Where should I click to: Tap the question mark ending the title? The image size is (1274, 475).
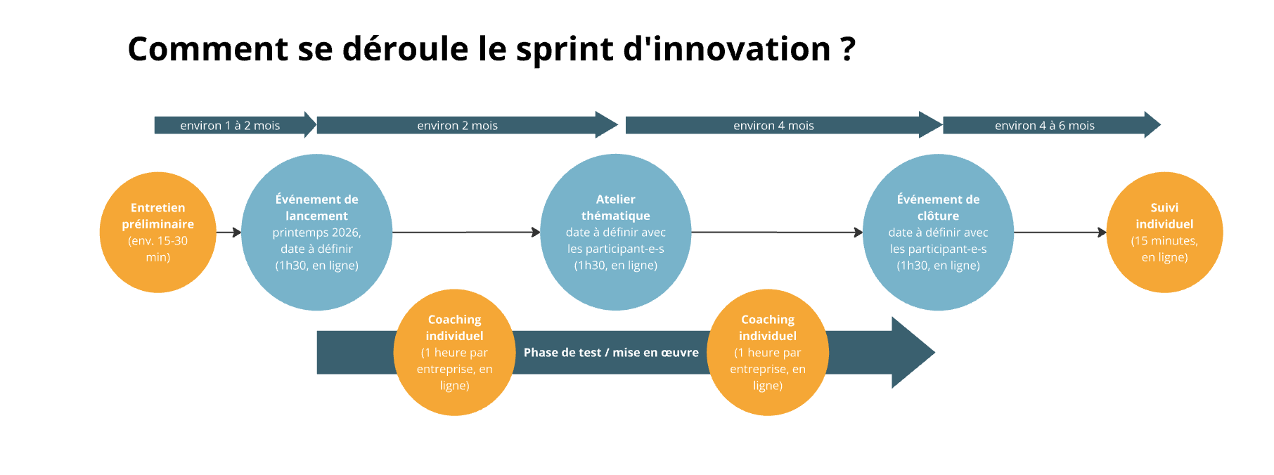tap(847, 49)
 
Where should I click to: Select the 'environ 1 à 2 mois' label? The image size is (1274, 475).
tap(230, 126)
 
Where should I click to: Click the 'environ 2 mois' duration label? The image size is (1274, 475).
tap(457, 126)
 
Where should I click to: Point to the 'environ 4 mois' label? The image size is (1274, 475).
tap(773, 126)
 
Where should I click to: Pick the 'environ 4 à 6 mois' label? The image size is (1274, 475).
tap(1044, 126)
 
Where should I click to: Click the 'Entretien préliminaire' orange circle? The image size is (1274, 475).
tap(158, 232)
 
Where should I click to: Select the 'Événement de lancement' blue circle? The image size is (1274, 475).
tap(316, 232)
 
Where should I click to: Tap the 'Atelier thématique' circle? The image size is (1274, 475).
tap(615, 232)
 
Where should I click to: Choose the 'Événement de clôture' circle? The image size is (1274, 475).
tap(938, 232)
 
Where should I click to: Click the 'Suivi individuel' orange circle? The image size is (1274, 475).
tap(1164, 232)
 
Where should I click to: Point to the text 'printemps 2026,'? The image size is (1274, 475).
tap(316, 233)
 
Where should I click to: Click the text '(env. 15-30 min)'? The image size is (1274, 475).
tap(158, 249)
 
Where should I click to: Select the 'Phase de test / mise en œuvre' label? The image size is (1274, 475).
tap(611, 353)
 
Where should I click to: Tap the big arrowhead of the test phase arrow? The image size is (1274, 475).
tap(911, 353)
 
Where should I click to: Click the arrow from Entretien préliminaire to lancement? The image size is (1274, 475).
tap(229, 232)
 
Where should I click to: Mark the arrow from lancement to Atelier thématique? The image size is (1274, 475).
tap(465, 232)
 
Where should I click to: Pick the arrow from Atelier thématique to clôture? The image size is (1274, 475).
tap(777, 232)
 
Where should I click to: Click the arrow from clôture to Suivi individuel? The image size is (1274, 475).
tap(1060, 232)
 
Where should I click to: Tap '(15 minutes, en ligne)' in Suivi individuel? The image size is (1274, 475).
tap(1164, 249)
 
